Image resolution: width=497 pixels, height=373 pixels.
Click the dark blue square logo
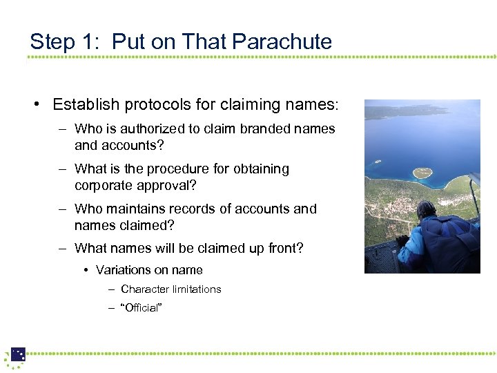click(19, 354)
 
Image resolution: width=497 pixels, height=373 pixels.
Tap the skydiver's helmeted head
click(426, 209)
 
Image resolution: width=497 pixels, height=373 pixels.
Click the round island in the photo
click(422, 171)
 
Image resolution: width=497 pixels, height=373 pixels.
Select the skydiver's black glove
click(401, 240)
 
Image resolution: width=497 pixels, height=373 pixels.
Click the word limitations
click(193, 289)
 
